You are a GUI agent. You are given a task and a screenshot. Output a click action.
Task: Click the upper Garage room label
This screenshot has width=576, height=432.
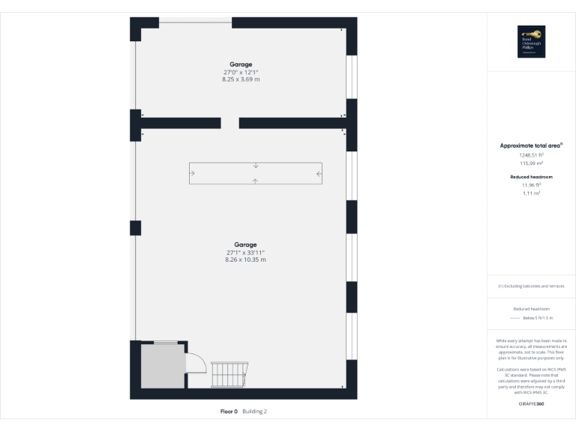click(x=241, y=64)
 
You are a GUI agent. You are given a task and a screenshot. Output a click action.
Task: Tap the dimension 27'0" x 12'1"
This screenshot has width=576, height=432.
click(x=241, y=72)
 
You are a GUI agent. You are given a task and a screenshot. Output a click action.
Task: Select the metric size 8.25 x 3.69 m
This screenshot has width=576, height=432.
click(x=241, y=79)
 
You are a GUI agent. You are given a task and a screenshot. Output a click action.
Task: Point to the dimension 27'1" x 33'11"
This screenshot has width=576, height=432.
click(x=245, y=253)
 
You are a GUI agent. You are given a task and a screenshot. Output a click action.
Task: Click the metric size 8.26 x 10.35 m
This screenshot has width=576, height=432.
click(x=245, y=259)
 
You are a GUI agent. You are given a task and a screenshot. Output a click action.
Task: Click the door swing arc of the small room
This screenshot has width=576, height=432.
click(x=196, y=363)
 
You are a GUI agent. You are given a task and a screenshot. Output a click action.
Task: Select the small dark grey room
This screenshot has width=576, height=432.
click(x=161, y=367)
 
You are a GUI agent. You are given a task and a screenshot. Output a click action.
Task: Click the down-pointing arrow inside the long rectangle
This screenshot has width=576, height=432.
click(x=256, y=166)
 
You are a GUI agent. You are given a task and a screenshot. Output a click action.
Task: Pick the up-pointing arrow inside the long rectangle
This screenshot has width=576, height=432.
click(x=256, y=181)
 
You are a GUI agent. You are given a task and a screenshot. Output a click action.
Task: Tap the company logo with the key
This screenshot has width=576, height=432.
click(x=531, y=42)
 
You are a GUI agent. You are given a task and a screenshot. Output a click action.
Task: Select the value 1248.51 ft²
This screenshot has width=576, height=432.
click(x=532, y=154)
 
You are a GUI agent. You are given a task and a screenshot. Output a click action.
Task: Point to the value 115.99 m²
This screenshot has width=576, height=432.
click(x=532, y=163)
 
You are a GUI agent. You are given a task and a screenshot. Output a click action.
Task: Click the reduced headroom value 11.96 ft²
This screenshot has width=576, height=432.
click(x=532, y=184)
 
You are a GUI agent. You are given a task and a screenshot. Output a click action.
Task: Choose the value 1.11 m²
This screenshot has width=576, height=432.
click(x=532, y=193)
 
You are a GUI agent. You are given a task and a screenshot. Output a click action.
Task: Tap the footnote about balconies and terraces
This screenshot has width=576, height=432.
click(x=531, y=286)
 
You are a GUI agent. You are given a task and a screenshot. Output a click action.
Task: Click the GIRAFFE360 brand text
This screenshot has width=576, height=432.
click(x=531, y=404)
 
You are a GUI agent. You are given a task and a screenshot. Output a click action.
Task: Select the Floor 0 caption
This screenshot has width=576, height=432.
click(x=229, y=411)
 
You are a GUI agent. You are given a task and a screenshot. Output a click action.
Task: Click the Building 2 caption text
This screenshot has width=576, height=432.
click(x=254, y=411)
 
